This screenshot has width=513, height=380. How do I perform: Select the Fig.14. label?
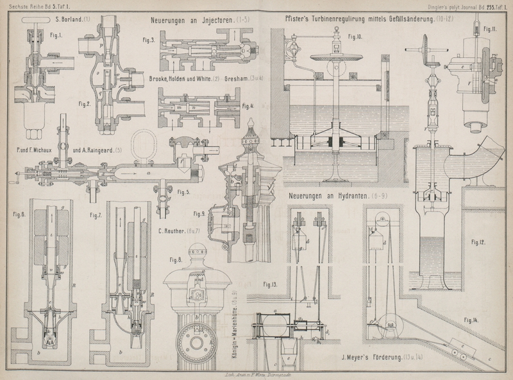tap(470, 319)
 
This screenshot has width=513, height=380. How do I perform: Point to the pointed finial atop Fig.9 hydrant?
tap(251, 124)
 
